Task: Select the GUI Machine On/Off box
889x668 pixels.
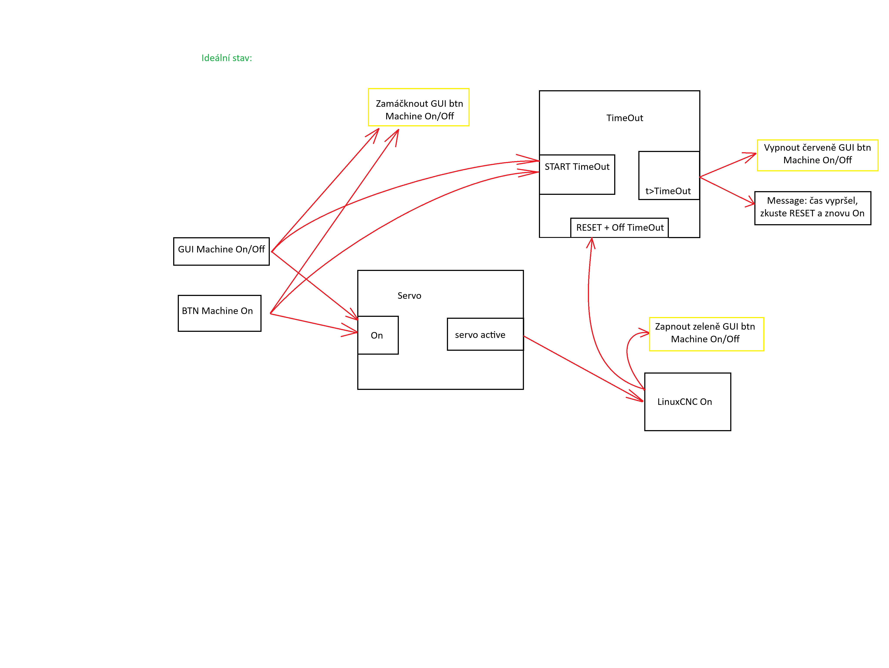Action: [x=221, y=251]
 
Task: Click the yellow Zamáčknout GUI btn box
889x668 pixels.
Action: [x=418, y=107]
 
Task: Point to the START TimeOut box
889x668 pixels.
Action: [x=577, y=174]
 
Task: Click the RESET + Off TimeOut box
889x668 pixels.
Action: [x=619, y=228]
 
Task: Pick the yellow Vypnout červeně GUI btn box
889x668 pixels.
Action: [x=817, y=155]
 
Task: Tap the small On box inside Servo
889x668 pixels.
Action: [x=378, y=335]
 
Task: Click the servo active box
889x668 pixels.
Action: [x=485, y=334]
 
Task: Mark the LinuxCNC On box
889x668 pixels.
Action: [x=687, y=402]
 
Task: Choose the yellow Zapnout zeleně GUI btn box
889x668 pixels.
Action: [x=706, y=334]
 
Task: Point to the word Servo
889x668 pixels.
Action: [x=409, y=296]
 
